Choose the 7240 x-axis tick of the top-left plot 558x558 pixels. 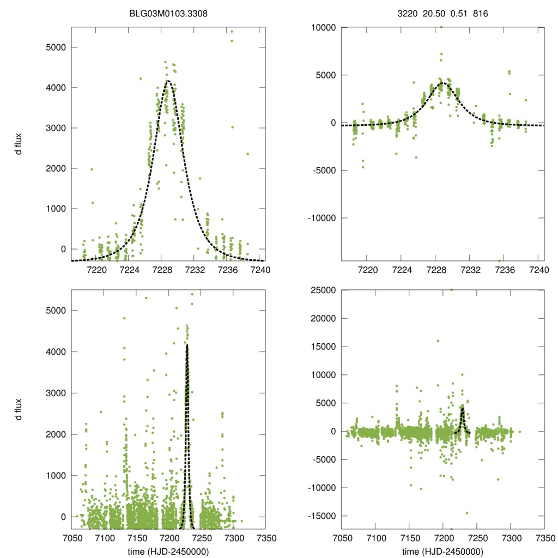[x=258, y=269]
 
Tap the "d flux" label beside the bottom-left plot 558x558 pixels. [x=19, y=409]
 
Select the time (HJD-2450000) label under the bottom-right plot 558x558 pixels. [x=442, y=551]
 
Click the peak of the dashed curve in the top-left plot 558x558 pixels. [x=168, y=81]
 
